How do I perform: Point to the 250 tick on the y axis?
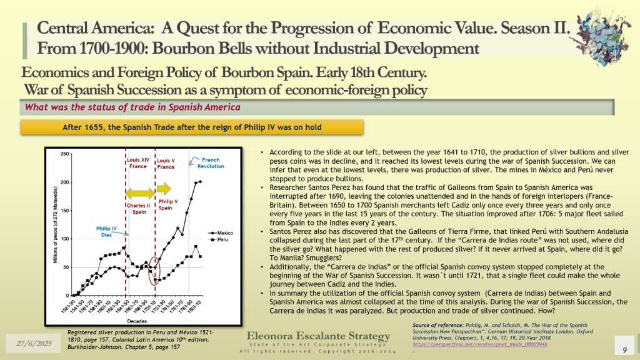point(65,154)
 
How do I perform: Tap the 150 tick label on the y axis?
point(65,211)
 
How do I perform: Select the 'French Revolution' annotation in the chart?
point(211,162)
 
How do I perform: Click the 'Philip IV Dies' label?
point(107,231)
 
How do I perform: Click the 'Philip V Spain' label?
point(166,204)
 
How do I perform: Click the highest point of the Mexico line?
point(200,181)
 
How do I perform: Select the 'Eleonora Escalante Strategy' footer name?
point(318,336)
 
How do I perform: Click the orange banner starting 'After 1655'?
point(192,127)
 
